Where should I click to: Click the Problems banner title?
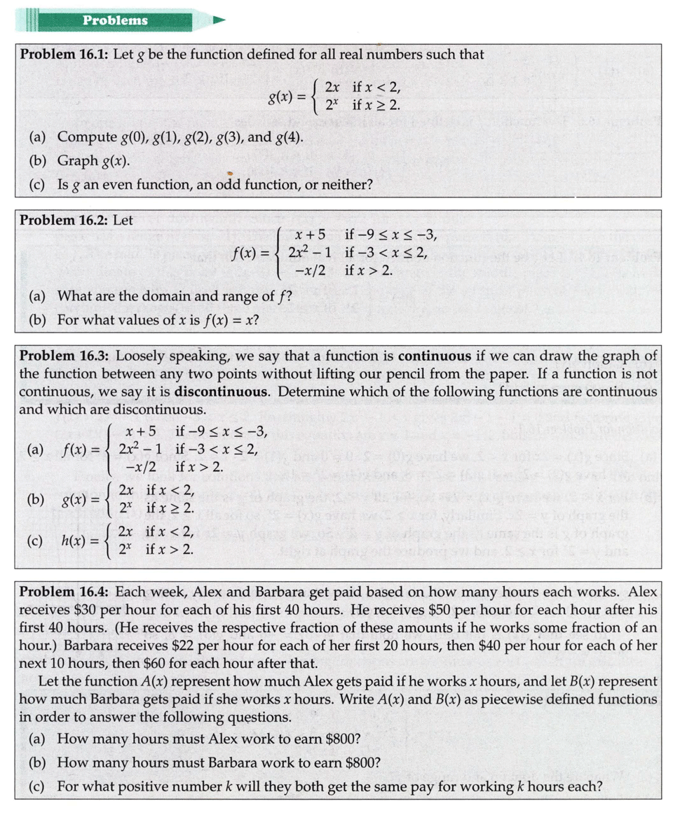point(115,20)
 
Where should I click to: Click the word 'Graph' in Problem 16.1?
point(77,161)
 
